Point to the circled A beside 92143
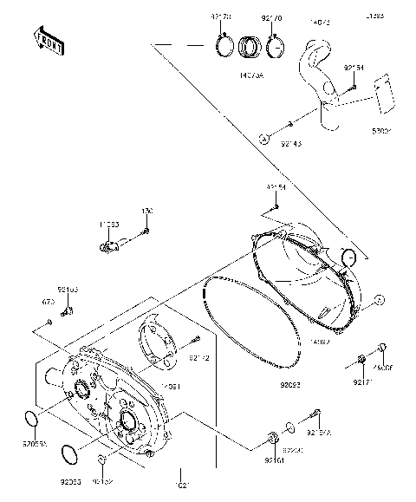[x=262, y=138]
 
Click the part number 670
[x=50, y=303]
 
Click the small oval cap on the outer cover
[x=349, y=256]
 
